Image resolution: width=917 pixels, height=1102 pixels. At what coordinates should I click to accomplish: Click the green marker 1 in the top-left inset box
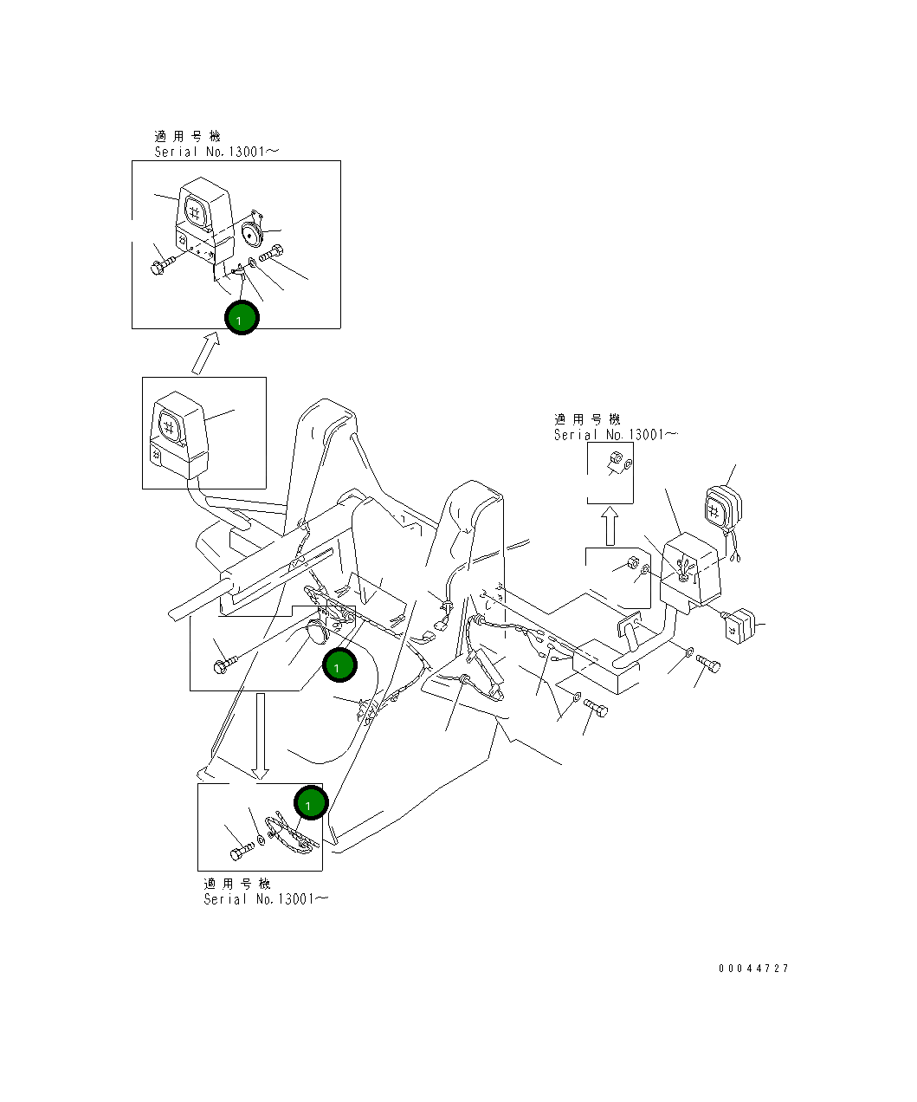(242, 318)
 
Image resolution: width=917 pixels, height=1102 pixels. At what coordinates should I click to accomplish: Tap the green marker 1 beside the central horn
(339, 664)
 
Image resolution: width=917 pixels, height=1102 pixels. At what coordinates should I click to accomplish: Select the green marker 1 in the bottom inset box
(309, 803)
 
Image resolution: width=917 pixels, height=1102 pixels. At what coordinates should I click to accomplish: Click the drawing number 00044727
(752, 969)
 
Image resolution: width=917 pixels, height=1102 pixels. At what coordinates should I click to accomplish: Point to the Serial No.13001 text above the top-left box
(216, 152)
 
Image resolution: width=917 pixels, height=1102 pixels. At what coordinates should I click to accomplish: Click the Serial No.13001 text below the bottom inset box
(266, 899)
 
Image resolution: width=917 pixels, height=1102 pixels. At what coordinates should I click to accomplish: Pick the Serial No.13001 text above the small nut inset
(616, 435)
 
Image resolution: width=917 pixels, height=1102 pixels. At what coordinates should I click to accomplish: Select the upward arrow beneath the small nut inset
(610, 526)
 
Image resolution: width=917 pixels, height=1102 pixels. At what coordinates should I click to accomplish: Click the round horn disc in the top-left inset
(254, 232)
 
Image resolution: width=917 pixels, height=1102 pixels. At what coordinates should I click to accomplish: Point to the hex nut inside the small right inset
(614, 458)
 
